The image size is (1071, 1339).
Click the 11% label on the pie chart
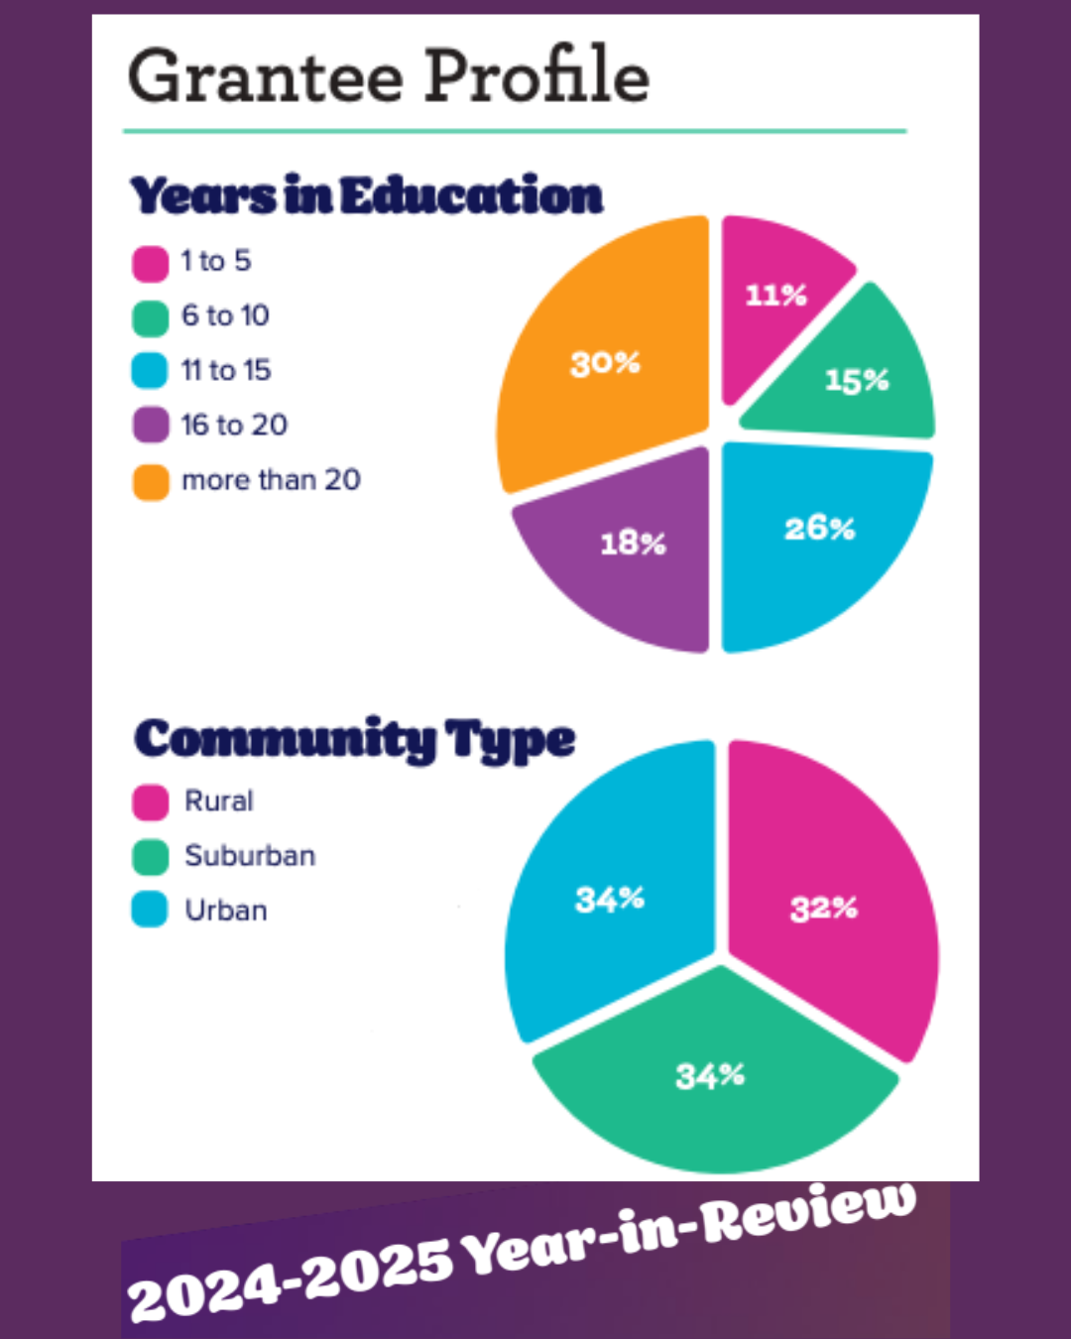click(775, 295)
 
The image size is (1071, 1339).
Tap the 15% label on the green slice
click(857, 380)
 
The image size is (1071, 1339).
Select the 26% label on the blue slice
click(819, 528)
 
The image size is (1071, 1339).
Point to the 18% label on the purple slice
click(633, 543)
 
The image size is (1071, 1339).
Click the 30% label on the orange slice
click(605, 363)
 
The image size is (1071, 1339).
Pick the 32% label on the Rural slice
click(823, 908)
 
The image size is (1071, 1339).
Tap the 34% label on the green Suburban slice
click(710, 1075)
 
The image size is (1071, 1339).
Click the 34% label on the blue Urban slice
click(610, 900)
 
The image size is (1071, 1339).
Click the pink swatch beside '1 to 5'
click(150, 264)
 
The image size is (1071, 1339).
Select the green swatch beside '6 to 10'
click(150, 318)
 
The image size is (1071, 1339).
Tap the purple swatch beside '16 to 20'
click(150, 426)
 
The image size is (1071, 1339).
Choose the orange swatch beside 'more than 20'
click(150, 482)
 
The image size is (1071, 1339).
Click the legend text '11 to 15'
click(226, 370)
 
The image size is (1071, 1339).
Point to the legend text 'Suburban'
click(250, 855)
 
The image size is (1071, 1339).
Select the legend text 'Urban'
click(226, 910)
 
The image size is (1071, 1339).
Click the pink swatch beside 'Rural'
click(150, 802)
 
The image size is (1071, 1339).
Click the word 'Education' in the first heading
click(472, 195)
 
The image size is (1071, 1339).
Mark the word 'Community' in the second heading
click(285, 739)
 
